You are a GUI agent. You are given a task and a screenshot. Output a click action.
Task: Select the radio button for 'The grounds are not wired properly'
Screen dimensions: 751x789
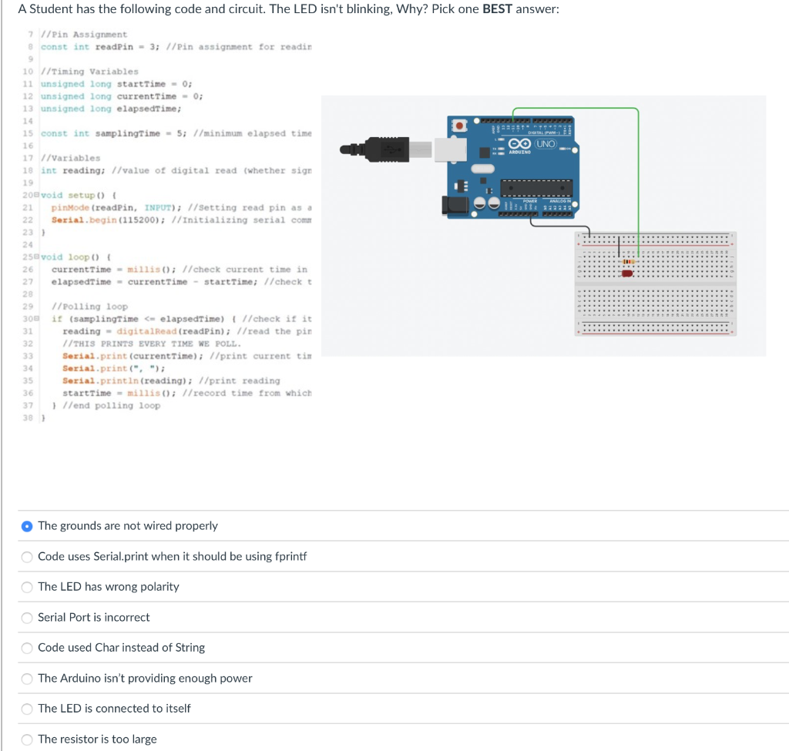[x=27, y=526]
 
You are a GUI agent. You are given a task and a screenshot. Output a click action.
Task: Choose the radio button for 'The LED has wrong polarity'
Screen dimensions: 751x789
[x=27, y=587]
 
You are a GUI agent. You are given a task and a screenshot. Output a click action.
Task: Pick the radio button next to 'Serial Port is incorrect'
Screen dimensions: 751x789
[x=27, y=618]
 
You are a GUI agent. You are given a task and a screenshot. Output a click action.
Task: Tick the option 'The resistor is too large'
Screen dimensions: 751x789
[x=27, y=739]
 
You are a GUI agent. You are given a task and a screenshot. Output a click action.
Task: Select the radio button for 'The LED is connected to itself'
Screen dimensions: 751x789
[x=27, y=709]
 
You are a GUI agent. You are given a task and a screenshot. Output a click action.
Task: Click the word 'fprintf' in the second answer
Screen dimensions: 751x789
[x=291, y=556]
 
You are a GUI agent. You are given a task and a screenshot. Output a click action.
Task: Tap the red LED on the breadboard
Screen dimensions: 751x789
[x=627, y=273]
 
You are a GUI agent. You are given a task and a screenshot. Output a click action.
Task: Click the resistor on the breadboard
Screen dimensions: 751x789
[x=628, y=263]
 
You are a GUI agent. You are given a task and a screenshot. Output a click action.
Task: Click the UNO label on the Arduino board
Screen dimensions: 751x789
[x=546, y=144]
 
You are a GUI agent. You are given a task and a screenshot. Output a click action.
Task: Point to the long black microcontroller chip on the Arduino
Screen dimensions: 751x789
[x=536, y=184]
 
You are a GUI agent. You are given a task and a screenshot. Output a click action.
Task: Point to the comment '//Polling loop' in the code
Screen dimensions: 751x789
[x=95, y=307]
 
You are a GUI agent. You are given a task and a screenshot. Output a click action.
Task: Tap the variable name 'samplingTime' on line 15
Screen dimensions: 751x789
[x=126, y=134]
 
